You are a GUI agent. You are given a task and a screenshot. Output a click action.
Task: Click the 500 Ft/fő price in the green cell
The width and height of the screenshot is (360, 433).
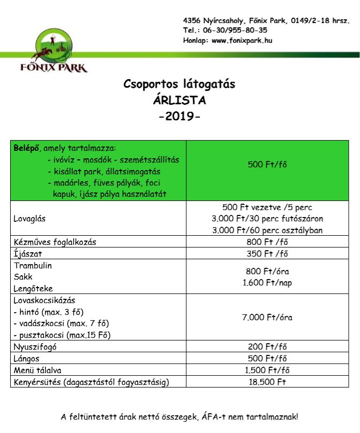pyautogui.click(x=268, y=164)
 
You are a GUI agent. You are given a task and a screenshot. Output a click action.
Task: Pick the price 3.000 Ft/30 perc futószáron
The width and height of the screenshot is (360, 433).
pyautogui.click(x=268, y=219)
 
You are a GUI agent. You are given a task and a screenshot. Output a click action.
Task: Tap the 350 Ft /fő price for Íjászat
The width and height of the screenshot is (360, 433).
pyautogui.click(x=268, y=253)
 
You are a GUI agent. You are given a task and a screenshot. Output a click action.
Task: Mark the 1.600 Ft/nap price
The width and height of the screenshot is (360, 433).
pyautogui.click(x=268, y=282)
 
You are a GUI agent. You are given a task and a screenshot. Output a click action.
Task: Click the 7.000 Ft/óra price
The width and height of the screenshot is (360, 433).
pyautogui.click(x=268, y=318)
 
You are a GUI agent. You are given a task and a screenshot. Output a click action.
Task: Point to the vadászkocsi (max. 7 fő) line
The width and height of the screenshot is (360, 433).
pyautogui.click(x=54, y=323)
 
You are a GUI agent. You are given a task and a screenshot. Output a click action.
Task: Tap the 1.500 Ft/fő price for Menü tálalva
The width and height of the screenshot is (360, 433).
pyautogui.click(x=268, y=370)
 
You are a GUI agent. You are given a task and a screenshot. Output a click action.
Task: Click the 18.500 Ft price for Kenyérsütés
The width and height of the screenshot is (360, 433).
pyautogui.click(x=268, y=382)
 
